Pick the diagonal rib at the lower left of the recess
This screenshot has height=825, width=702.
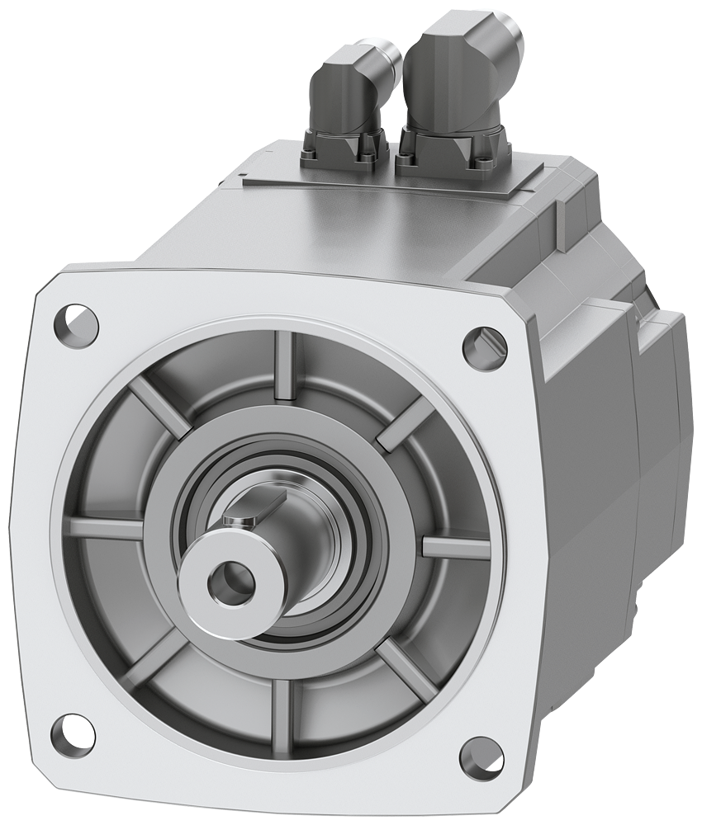pos(153,652)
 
